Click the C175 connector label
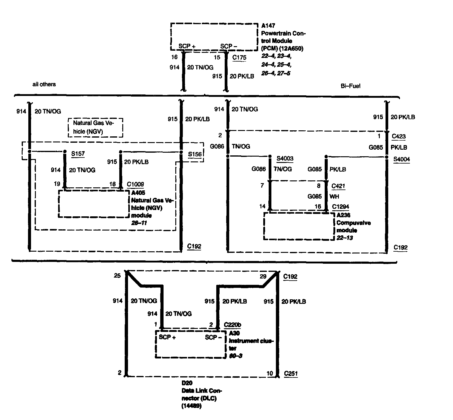pos(239,57)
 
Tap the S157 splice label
pos(78,154)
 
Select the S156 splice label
pos(195,154)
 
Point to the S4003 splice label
pos(285,158)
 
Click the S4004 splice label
pos(401,159)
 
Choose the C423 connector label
pos(398,136)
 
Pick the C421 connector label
pos(338,186)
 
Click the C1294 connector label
pos(340,207)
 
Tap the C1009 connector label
pos(135,184)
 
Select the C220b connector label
pos(233,325)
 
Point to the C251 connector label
pos(291,374)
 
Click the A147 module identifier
pos(268,26)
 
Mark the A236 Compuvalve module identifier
pos(343,215)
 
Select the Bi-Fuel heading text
pos(350,86)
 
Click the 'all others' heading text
pos(44,84)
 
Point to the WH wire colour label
pos(334,197)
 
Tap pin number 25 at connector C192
pos(117,275)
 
